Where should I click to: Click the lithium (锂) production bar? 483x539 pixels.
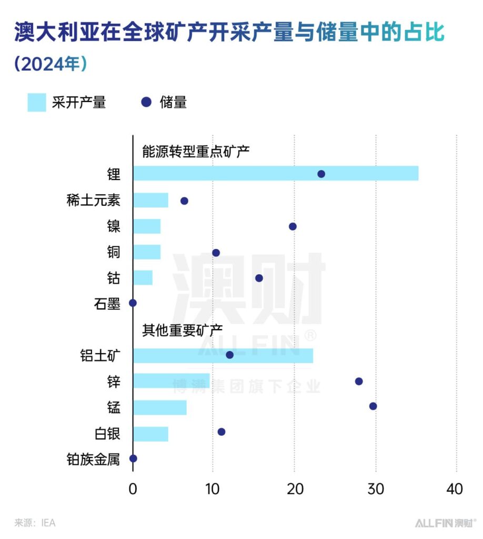point(275,174)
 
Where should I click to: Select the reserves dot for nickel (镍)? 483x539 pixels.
point(293,226)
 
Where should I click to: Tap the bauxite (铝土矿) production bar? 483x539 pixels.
point(223,356)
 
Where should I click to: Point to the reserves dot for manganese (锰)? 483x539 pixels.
point(373,406)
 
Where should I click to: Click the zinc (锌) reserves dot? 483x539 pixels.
point(359,381)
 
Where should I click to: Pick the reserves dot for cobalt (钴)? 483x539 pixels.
point(259,278)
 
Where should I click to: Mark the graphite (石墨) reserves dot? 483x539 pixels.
point(133,303)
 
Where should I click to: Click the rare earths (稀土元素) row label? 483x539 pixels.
point(93,201)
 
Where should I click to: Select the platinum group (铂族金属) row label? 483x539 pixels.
point(93,460)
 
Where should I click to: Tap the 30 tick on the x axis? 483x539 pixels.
point(376,488)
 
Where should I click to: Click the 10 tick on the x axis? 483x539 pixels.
point(212,488)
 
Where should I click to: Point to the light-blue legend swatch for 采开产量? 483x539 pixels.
point(37,103)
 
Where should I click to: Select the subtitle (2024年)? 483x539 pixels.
point(51,64)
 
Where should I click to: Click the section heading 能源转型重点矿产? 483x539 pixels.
point(196,151)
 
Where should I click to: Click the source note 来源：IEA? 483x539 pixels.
point(35,523)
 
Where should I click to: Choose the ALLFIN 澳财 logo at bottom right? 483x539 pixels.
point(445,523)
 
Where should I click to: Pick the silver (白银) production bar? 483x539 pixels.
point(150,434)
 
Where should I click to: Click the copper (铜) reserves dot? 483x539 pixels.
point(216,253)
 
